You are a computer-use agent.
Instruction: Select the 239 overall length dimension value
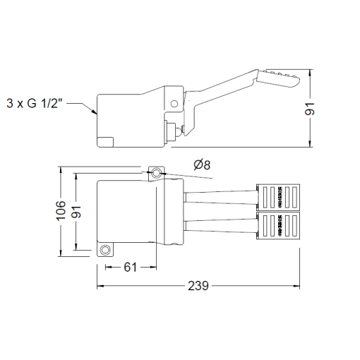198,286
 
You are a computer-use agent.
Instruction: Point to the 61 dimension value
131,267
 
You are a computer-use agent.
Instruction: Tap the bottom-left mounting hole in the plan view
106,251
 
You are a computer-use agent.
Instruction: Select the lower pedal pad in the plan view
280,225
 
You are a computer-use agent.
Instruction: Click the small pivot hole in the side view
174,103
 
